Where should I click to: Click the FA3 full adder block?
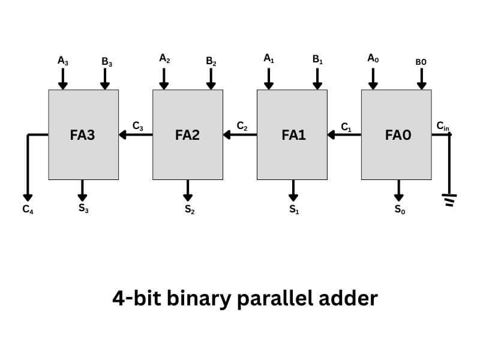coord(83,135)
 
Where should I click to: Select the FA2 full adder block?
coord(188,135)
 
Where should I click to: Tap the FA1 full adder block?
coord(292,135)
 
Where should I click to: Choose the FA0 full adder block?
coord(396,135)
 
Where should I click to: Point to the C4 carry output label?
coord(28,210)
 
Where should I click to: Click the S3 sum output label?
coord(84,209)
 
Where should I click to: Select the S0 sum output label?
coord(399,210)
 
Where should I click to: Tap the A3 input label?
coord(63,60)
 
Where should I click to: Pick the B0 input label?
coord(421,62)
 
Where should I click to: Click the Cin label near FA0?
coord(442,125)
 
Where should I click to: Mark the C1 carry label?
coord(346,127)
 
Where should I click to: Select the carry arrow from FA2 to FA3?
coord(136,135)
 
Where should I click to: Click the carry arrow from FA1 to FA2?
coord(240,135)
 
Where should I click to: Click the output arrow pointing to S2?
coord(188,191)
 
